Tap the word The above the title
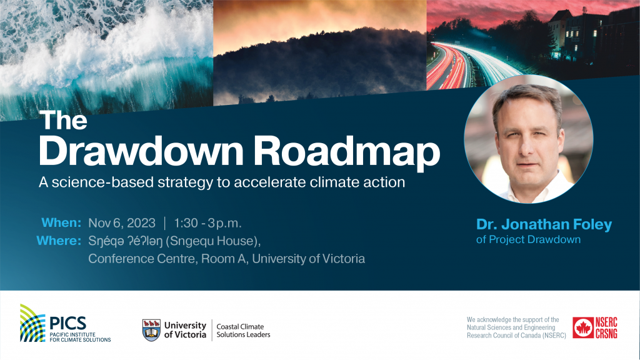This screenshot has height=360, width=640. (x=64, y=121)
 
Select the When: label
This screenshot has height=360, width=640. (x=61, y=223)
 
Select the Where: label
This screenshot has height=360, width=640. (x=59, y=241)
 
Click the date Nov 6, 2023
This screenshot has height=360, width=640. (x=121, y=223)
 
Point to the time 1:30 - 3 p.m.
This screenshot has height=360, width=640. (x=207, y=223)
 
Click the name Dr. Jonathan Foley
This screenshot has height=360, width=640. (x=544, y=224)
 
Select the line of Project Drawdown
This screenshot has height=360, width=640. (x=528, y=239)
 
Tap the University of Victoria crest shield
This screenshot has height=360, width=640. (x=151, y=329)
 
